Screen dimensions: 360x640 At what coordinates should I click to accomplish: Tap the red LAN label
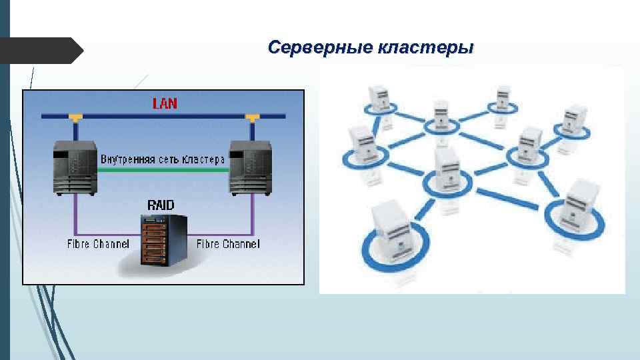coord(165,103)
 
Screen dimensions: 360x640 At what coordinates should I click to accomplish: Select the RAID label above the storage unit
coord(161,205)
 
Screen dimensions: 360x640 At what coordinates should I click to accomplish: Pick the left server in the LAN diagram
coord(75,169)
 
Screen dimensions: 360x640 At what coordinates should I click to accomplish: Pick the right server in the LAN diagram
coord(250,169)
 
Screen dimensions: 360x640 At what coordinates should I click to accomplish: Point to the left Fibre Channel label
coord(98,244)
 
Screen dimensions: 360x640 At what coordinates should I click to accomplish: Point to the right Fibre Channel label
coord(228,244)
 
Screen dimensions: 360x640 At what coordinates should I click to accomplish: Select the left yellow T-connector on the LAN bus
coord(75,118)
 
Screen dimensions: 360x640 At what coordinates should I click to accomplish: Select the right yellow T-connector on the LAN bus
coord(251,118)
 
